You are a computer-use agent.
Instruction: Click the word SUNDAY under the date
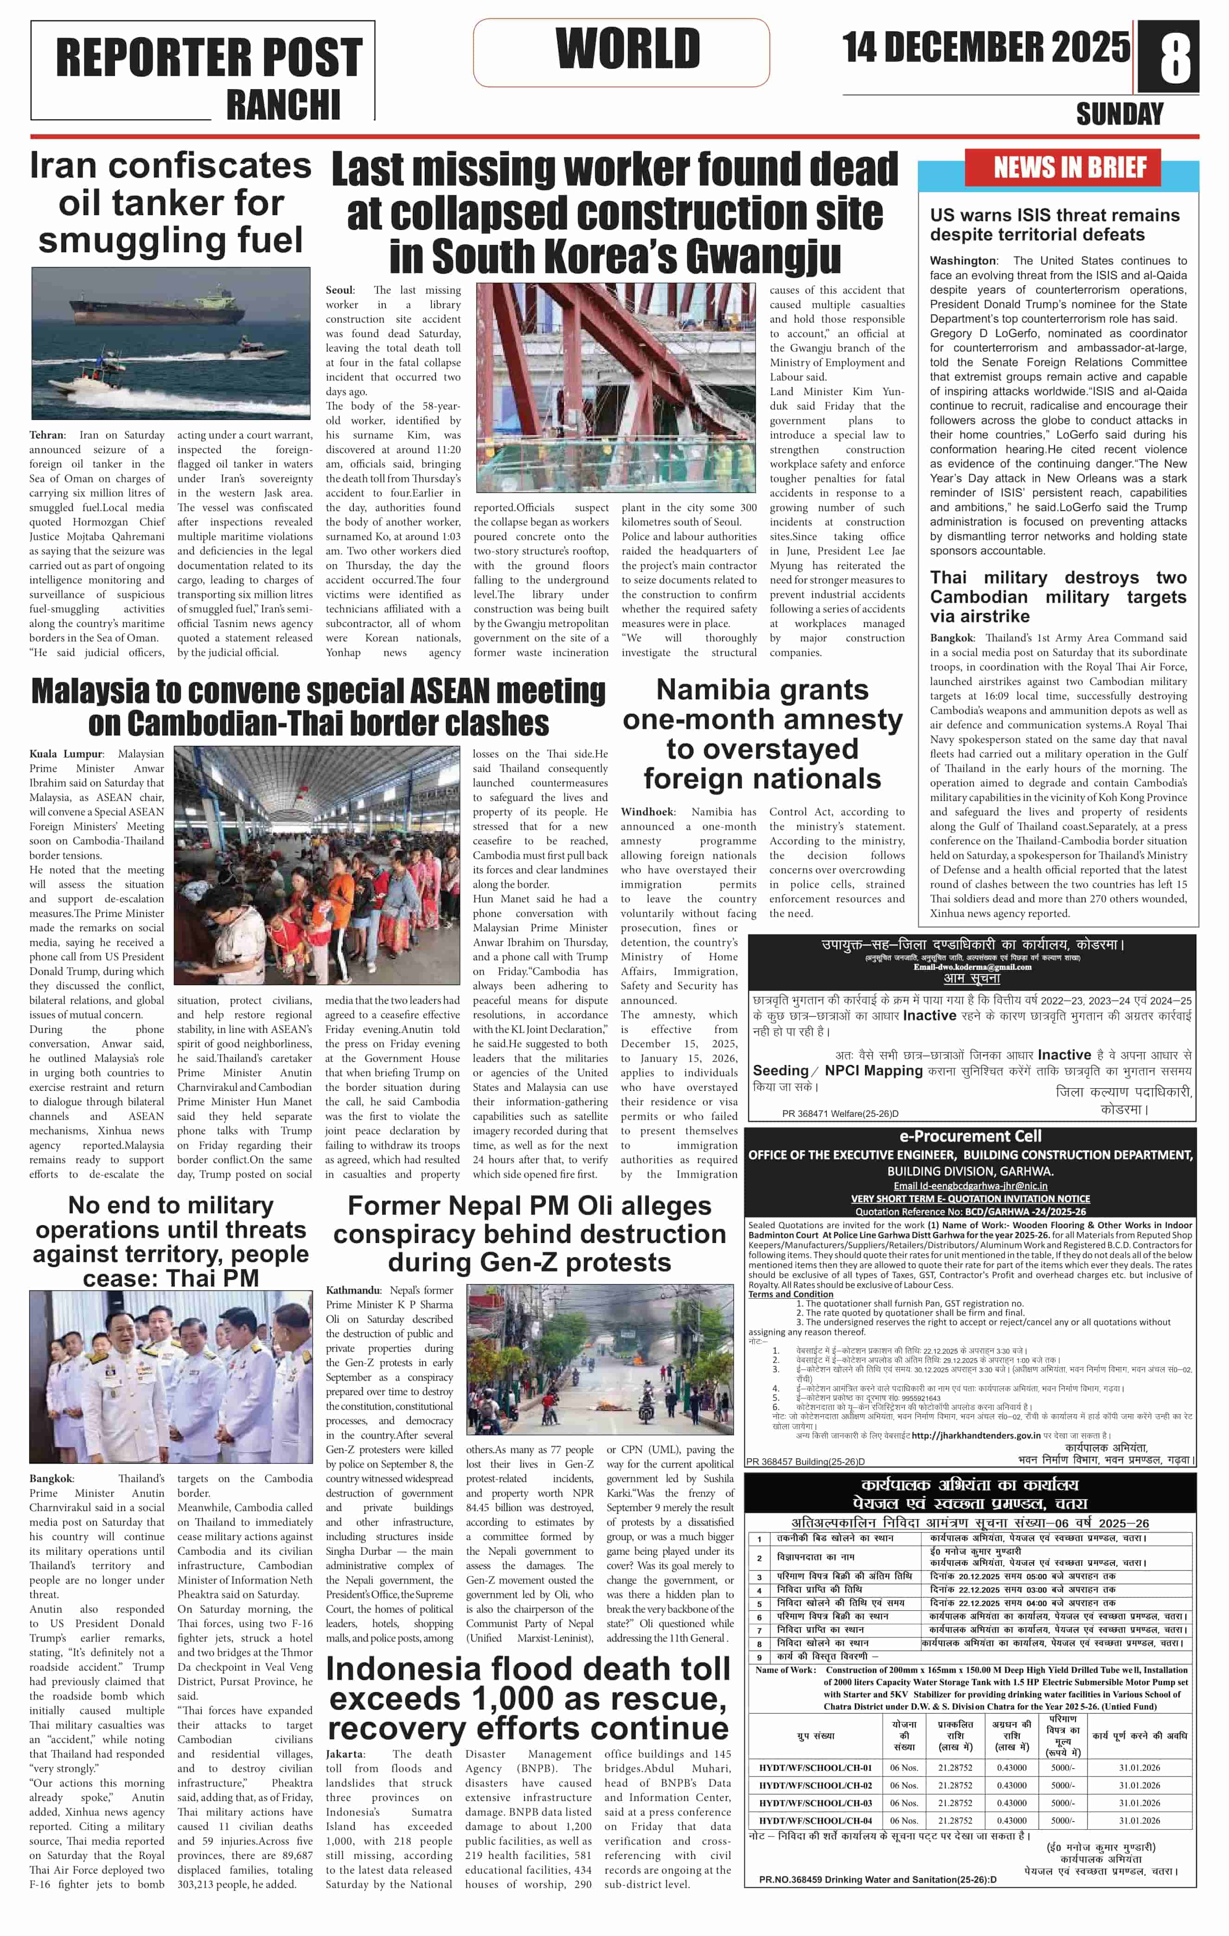(1120, 114)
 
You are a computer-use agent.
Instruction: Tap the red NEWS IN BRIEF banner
(1070, 167)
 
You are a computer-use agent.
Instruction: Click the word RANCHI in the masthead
(283, 104)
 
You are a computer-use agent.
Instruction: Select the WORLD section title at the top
(628, 49)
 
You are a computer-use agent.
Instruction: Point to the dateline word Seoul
(339, 290)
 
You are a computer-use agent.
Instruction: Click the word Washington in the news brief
(963, 261)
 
